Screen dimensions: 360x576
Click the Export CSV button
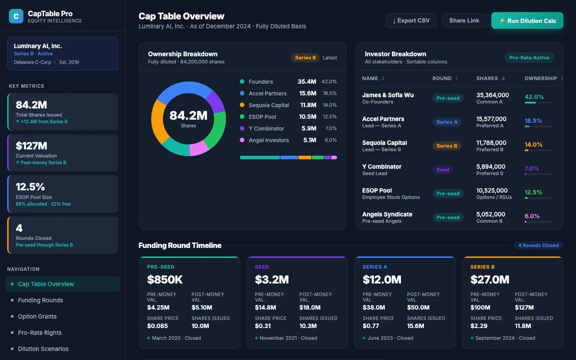[411, 21]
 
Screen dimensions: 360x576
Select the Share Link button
[464, 21]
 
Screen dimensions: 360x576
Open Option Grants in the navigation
[37, 316]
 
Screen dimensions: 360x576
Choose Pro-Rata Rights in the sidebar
[40, 333]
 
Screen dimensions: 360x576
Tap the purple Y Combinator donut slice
[216, 102]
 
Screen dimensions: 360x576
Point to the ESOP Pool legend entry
[262, 117]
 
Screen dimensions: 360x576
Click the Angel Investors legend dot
[242, 140]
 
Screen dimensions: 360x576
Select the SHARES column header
[487, 78]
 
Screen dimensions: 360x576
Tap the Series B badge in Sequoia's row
[446, 146]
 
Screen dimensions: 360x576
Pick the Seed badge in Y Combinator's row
[443, 170]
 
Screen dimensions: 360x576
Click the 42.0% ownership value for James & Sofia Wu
[534, 97]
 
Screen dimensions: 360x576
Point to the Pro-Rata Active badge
[529, 58]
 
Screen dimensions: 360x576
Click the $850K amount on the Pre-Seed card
[165, 279]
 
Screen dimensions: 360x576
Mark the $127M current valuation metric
[31, 146]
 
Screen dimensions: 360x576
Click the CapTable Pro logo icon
[16, 17]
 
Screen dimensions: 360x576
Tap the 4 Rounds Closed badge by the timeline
[538, 245]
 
